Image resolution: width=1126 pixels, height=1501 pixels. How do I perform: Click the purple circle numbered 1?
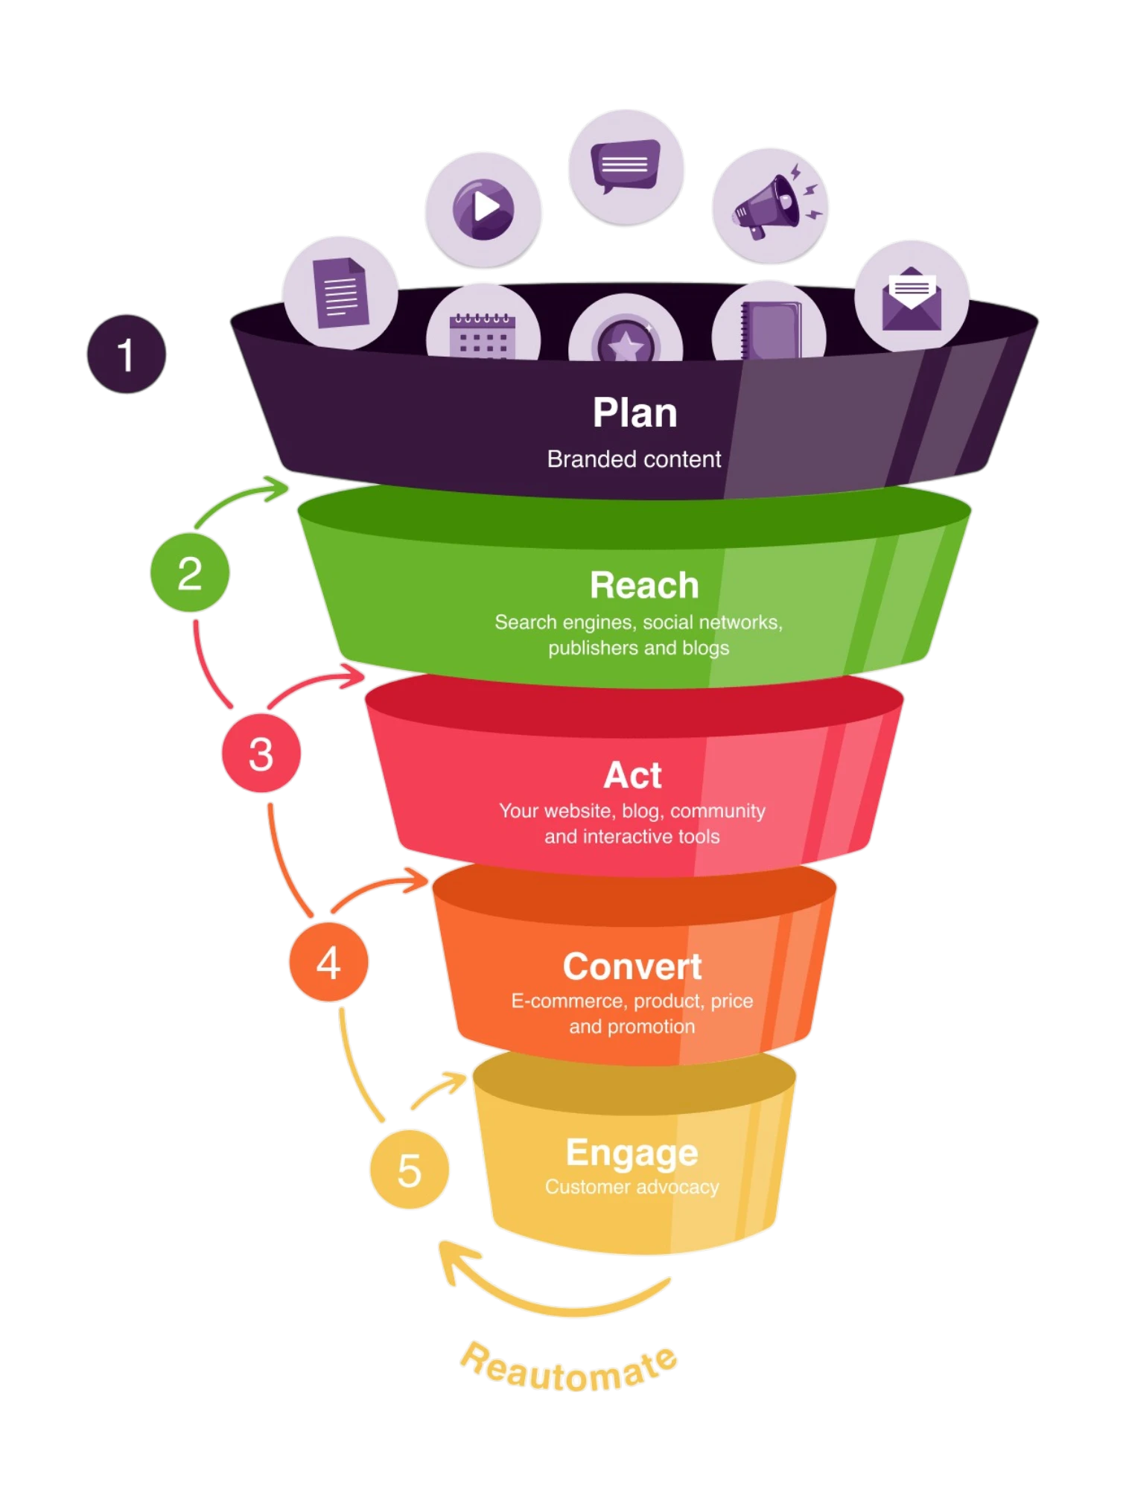point(127,354)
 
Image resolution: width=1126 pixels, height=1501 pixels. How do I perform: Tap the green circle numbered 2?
point(190,573)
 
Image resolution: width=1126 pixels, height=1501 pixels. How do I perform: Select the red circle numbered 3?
point(261,753)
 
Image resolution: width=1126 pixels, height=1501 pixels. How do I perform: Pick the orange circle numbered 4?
point(328,962)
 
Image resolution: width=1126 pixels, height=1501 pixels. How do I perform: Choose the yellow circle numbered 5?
point(410,1169)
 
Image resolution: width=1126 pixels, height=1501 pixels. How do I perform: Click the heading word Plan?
point(634,413)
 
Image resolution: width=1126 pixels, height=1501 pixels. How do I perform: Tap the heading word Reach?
point(644,585)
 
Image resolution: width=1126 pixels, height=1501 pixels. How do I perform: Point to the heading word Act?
point(632,775)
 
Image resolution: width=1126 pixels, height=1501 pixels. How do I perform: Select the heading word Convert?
point(632,966)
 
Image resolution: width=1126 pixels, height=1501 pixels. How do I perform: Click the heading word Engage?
point(632,1153)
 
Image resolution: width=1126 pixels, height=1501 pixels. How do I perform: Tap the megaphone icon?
point(771,206)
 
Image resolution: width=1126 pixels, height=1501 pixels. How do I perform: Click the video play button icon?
point(483,208)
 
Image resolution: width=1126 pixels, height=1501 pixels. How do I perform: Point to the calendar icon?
point(483,335)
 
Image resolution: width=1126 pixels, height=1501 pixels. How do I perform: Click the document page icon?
point(340,293)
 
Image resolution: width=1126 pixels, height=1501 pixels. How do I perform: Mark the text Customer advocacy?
point(632,1187)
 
